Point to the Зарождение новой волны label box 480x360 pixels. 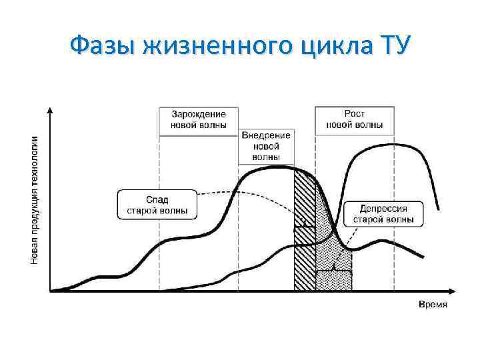coord(199,119)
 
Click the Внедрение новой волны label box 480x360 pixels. coord(266,146)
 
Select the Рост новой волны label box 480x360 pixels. coord(354,119)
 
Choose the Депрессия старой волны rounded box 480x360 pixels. coord(383,213)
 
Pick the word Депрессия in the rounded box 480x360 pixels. coord(383,208)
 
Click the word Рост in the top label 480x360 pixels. coord(354,114)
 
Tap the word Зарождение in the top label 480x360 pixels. coord(199,114)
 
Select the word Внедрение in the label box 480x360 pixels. coord(266,136)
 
